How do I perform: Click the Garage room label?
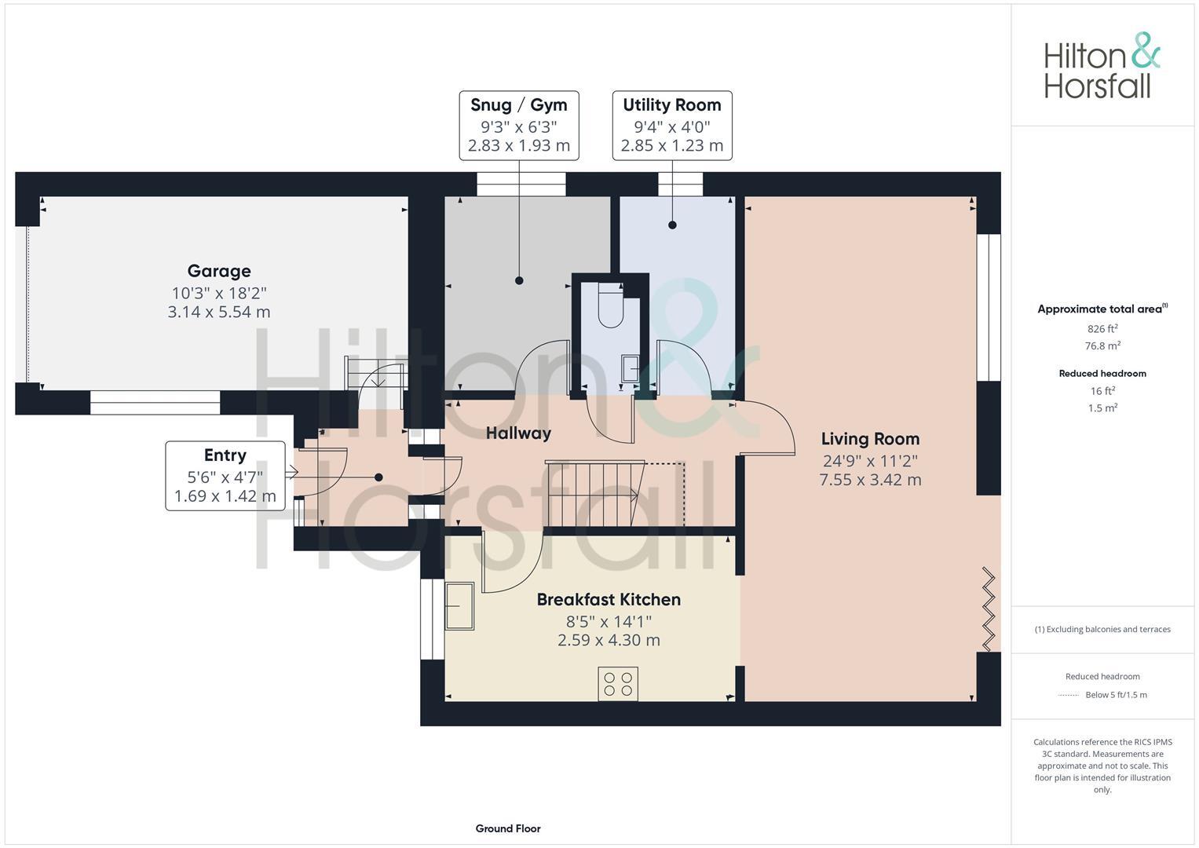point(219,271)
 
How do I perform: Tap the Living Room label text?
point(870,439)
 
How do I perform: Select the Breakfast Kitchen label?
point(609,599)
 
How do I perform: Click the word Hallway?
point(518,433)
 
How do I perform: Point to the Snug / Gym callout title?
point(519,104)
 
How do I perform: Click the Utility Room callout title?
point(672,104)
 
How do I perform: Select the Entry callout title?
point(225,455)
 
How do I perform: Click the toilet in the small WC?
point(610,308)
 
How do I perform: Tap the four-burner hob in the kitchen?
point(618,683)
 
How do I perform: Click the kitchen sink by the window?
point(459,605)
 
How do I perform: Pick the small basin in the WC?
point(631,367)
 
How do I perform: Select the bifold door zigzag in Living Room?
point(989,609)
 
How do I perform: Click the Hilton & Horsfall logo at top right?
point(1102,66)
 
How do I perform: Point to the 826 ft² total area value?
point(1102,329)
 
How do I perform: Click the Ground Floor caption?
point(508,828)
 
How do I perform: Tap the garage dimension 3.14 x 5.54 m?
point(219,312)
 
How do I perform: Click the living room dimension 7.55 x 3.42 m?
point(870,480)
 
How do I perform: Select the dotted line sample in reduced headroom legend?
point(1069,695)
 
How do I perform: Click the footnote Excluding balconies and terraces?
point(1102,629)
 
